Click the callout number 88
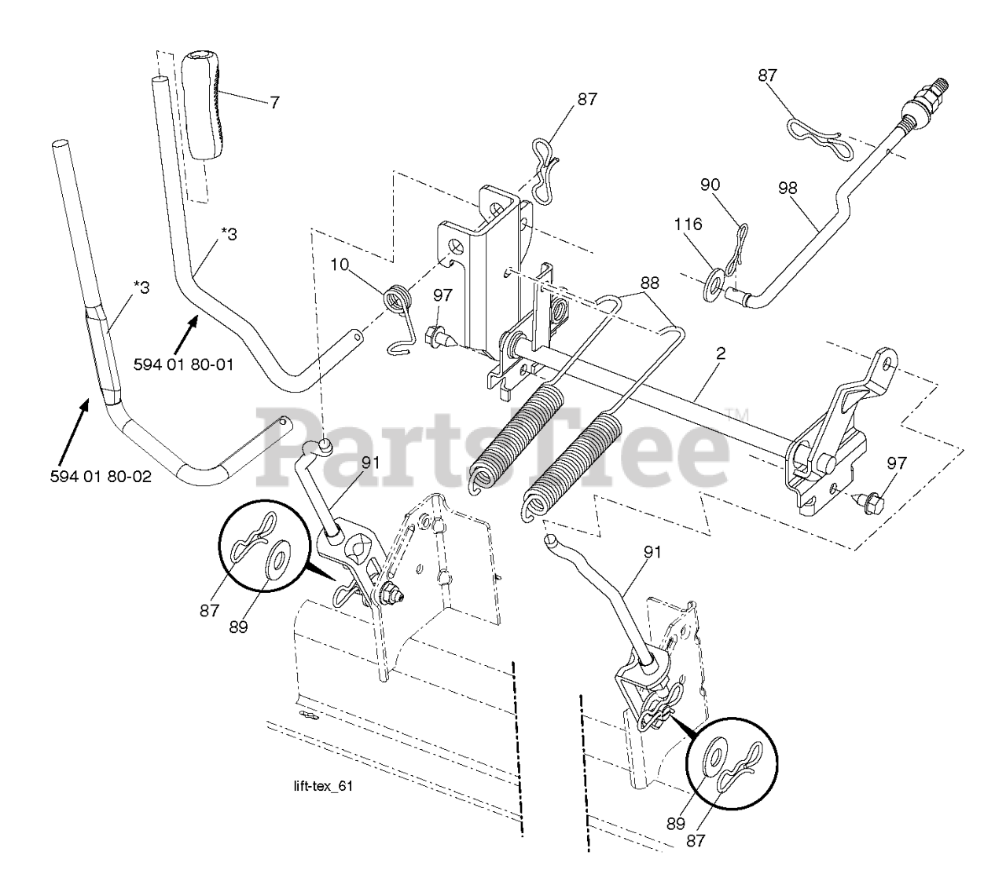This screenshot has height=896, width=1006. point(650,283)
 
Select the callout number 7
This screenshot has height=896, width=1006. point(274,102)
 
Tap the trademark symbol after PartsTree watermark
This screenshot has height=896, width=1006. point(740,414)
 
